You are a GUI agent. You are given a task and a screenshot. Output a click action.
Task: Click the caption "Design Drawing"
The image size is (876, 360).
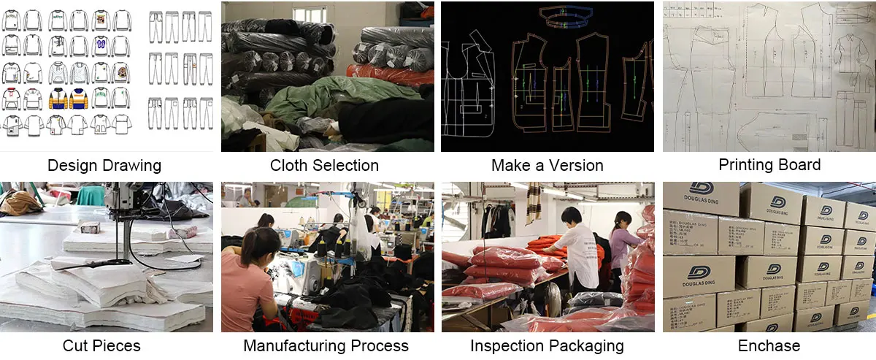(x=104, y=165)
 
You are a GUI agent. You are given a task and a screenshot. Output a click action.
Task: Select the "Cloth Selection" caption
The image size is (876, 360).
(x=324, y=165)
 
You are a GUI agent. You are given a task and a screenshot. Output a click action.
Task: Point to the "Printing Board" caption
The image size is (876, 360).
(x=769, y=165)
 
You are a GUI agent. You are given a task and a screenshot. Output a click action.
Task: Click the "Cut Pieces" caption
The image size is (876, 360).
(x=101, y=345)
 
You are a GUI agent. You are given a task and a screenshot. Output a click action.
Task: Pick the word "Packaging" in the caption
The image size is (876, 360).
(x=588, y=345)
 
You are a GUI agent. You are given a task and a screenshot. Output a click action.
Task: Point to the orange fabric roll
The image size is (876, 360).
(x=387, y=73)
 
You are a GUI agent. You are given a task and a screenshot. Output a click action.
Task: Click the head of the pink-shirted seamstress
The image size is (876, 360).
(x=261, y=241)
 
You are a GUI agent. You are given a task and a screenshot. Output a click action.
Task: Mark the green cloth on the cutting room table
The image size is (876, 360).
(x=91, y=196)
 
